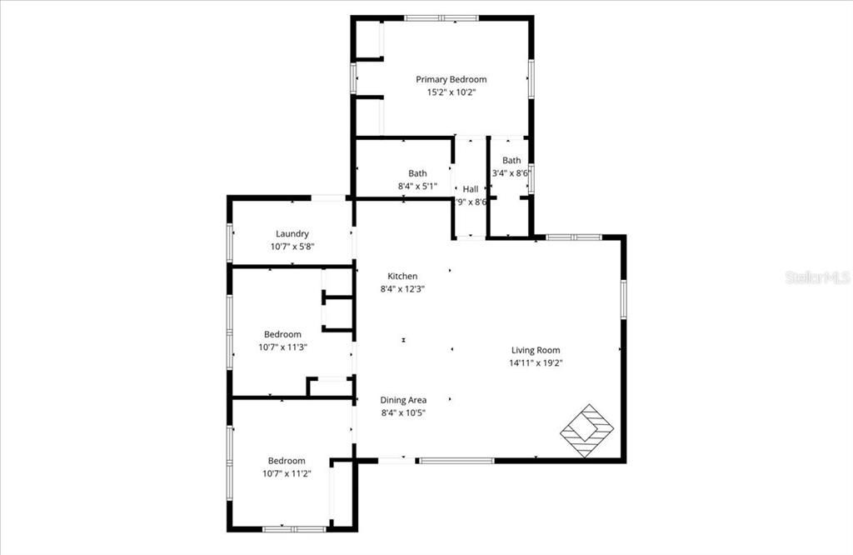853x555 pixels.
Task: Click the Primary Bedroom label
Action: pyautogui.click(x=451, y=80)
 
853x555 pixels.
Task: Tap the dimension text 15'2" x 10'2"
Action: pyautogui.click(x=451, y=92)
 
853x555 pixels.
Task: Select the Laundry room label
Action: pyautogui.click(x=292, y=234)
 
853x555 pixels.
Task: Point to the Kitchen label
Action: pyautogui.click(x=402, y=277)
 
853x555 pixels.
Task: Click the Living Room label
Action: pyautogui.click(x=536, y=351)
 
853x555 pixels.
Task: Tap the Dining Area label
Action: pyautogui.click(x=403, y=400)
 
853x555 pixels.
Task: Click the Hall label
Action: pyautogui.click(x=471, y=189)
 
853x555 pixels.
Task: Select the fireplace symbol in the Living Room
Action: pyautogui.click(x=586, y=431)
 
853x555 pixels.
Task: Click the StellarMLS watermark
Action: pyautogui.click(x=816, y=277)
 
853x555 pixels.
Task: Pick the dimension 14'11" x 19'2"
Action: pyautogui.click(x=536, y=362)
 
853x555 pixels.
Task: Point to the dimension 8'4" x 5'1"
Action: pyautogui.click(x=417, y=186)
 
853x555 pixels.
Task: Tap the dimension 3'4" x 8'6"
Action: pyautogui.click(x=511, y=173)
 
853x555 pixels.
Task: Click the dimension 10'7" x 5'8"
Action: pyautogui.click(x=292, y=247)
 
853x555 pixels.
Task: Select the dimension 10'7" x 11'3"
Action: pyautogui.click(x=282, y=347)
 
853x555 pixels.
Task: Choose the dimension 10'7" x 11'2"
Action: pyautogui.click(x=286, y=473)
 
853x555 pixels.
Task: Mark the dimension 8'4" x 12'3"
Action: pyautogui.click(x=402, y=289)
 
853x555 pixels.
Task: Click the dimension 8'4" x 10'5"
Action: pyautogui.click(x=403, y=412)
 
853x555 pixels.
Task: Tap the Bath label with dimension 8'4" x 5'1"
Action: pyautogui.click(x=417, y=173)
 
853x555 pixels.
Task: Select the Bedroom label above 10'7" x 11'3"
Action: pyautogui.click(x=282, y=334)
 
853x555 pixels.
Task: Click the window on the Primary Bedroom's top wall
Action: pyautogui.click(x=441, y=17)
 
